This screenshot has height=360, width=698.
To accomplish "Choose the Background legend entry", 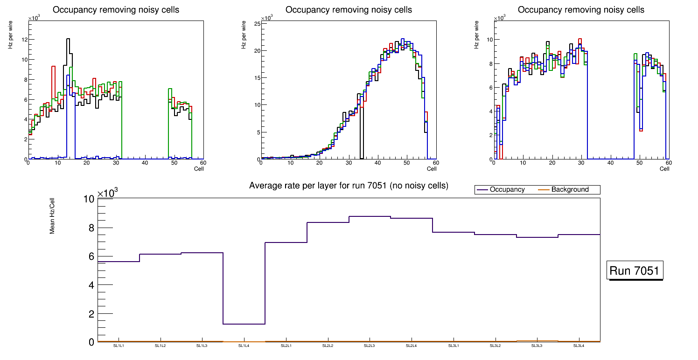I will (x=570, y=190).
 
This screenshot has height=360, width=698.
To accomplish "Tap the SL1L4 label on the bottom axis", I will (x=244, y=346).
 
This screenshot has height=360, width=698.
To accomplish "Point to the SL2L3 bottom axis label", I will (x=370, y=346).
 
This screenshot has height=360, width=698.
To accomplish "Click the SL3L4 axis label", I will (x=579, y=346).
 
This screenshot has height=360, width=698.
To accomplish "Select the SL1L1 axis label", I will (x=119, y=346).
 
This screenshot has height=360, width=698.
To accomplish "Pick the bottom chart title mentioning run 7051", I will (x=349, y=186).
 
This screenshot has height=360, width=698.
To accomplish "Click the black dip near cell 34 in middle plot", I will (x=361, y=135).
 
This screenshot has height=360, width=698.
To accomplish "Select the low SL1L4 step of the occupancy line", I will (x=244, y=324).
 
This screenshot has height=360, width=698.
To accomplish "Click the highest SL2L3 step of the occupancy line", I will (x=370, y=216).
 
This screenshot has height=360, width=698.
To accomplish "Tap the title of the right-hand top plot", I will (x=581, y=10).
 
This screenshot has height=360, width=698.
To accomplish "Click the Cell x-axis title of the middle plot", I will (x=432, y=168).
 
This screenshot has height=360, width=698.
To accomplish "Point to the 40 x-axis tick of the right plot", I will (x=610, y=163).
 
